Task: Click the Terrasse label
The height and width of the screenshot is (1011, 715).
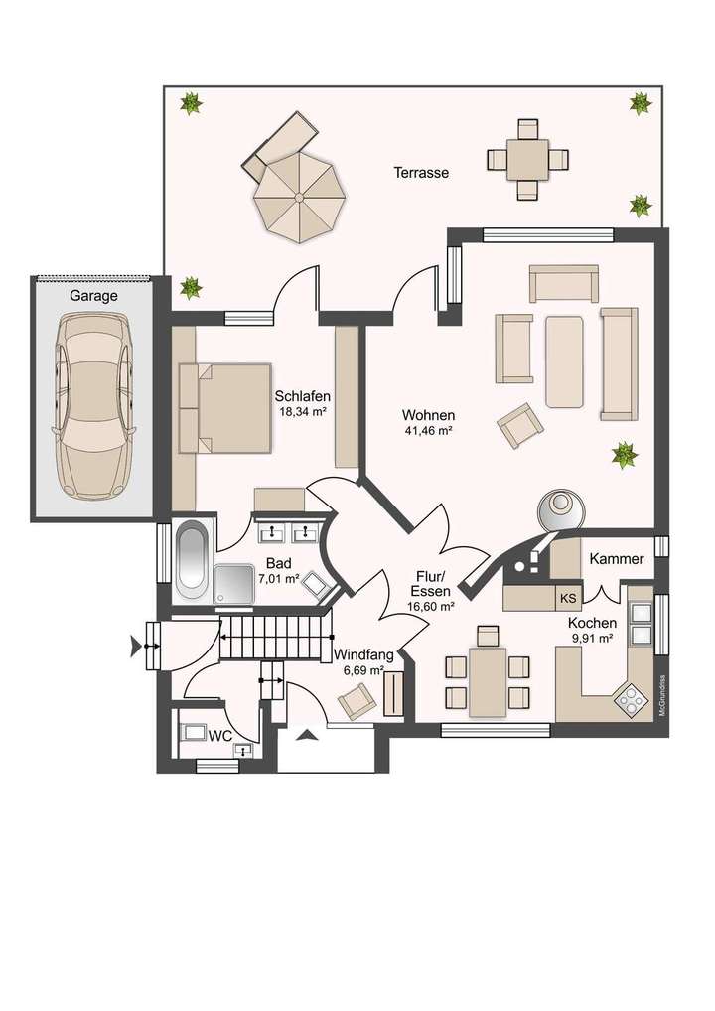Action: (x=421, y=172)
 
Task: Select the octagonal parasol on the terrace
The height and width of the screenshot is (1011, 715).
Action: (x=297, y=196)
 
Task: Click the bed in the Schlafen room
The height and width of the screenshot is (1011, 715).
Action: (x=225, y=407)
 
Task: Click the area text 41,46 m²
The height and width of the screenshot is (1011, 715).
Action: (x=428, y=431)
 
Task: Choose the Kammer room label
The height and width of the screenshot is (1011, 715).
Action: (x=617, y=559)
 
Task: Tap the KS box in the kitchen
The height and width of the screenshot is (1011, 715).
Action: (x=568, y=598)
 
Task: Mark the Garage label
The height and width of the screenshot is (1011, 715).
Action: (x=93, y=295)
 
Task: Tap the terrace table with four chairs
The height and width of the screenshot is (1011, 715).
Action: (x=527, y=159)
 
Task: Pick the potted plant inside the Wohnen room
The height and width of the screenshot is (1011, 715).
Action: (x=624, y=455)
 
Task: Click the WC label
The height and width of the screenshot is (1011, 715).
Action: (x=219, y=736)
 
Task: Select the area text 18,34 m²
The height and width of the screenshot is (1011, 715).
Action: (x=303, y=411)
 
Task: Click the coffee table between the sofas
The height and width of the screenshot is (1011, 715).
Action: (x=564, y=361)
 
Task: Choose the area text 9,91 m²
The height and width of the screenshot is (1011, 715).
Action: (x=593, y=639)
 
